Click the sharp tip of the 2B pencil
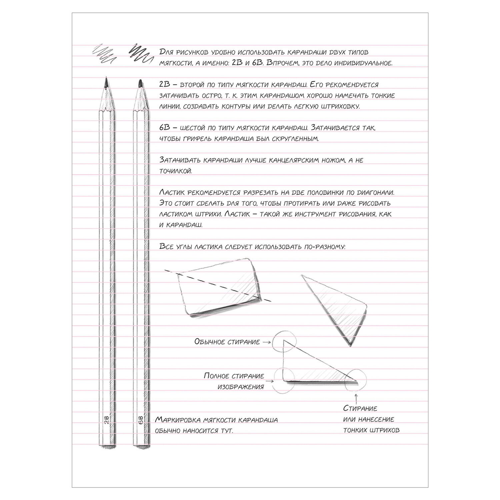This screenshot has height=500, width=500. click(x=106, y=78)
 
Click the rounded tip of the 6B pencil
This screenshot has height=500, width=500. click(x=140, y=80)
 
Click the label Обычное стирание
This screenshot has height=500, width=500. click(x=227, y=342)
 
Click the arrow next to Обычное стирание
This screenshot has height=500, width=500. click(x=266, y=342)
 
